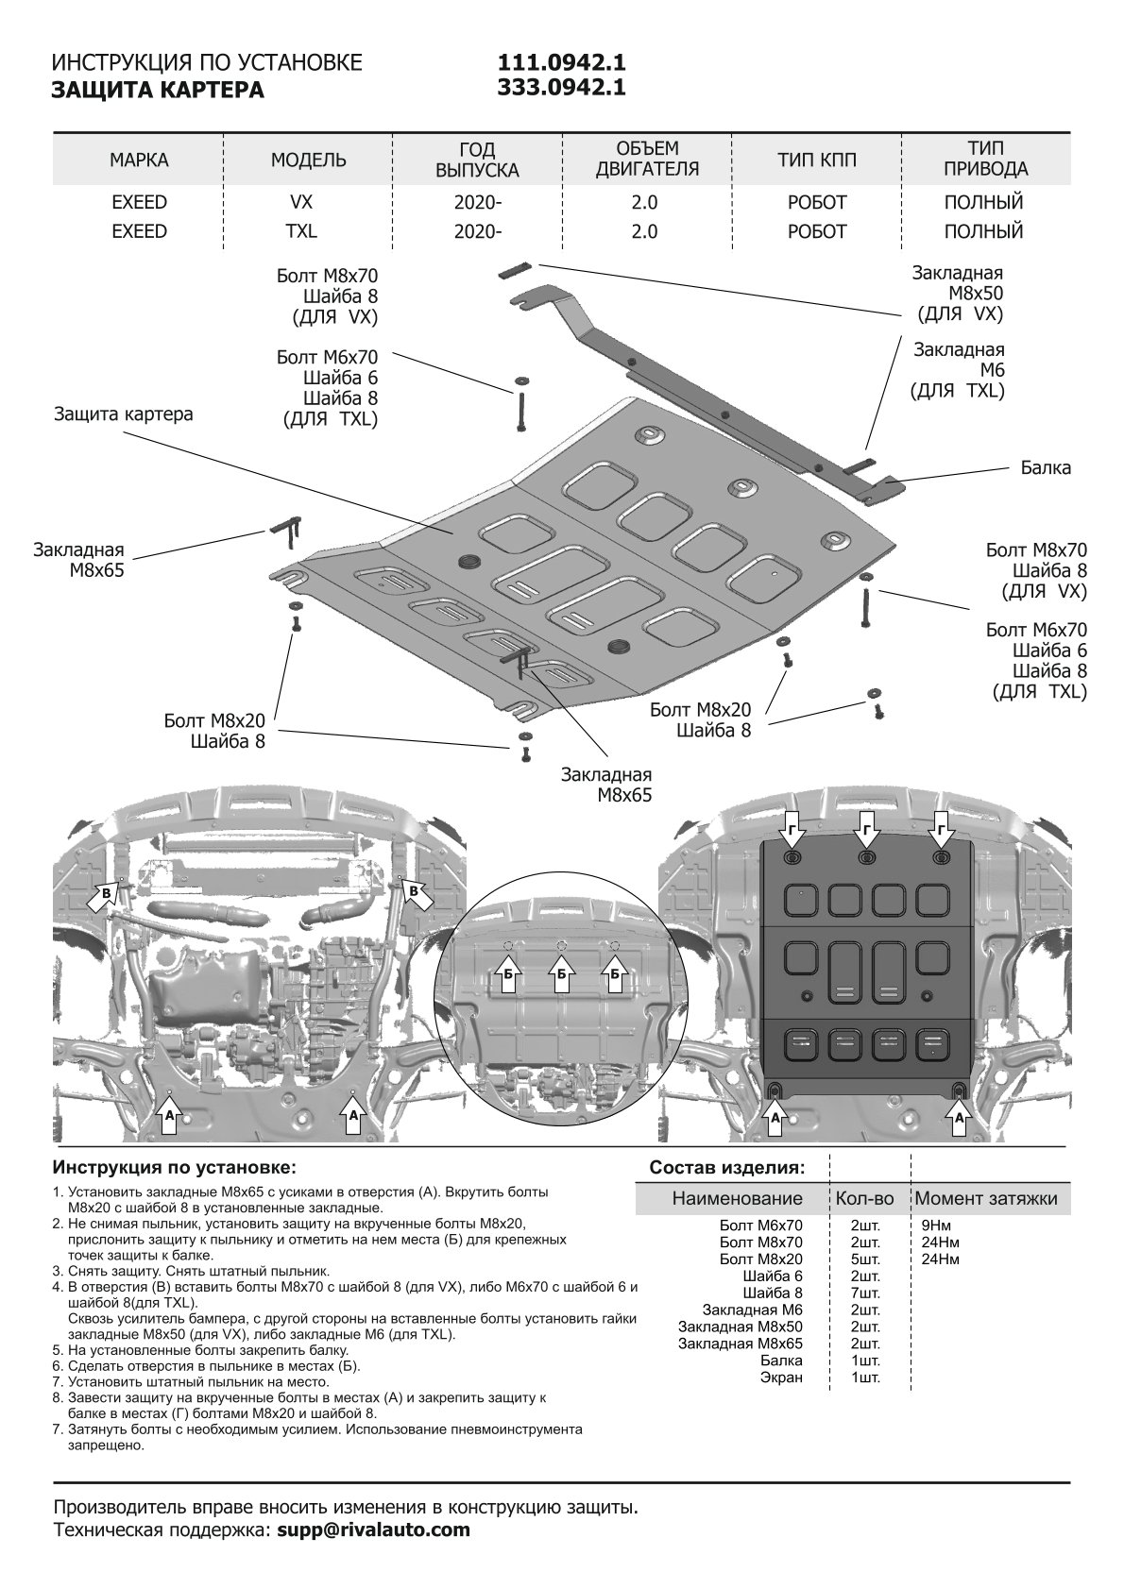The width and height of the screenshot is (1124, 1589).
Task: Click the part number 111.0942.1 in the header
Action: (562, 62)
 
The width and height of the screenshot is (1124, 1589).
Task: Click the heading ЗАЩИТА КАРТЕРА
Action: (158, 91)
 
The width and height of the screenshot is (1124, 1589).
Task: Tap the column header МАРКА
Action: (139, 161)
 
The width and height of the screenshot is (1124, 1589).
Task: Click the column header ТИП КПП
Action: (817, 161)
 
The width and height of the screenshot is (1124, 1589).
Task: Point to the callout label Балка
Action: (1046, 468)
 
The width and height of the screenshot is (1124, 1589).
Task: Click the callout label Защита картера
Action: (124, 414)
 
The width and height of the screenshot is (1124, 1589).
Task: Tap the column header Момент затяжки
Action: (986, 1199)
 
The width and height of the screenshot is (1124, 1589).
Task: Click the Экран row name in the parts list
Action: (781, 1378)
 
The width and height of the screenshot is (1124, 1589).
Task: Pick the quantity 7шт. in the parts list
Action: (865, 1293)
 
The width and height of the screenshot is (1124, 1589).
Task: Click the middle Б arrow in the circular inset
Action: (562, 978)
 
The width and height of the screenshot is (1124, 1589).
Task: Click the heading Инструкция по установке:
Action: (175, 1168)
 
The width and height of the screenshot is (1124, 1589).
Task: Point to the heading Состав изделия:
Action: (727, 1168)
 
